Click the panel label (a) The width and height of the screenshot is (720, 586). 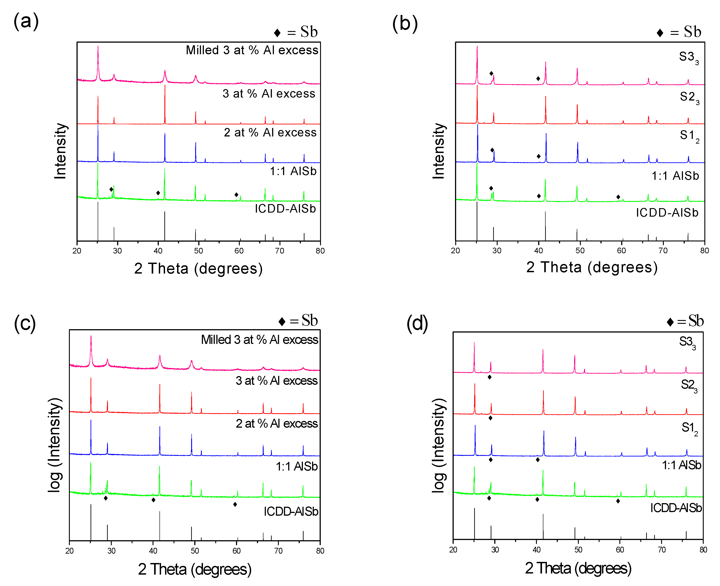pos(26,21)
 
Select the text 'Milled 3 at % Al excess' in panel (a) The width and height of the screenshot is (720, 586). pos(252,50)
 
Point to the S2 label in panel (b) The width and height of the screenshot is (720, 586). pos(689,98)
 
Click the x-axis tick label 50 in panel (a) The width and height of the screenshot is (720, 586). pos(199,251)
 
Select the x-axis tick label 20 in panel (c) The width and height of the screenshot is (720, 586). pos(69,551)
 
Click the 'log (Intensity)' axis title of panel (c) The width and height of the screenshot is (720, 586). pos(55,445)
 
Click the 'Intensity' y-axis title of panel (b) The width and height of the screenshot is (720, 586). pos(439,151)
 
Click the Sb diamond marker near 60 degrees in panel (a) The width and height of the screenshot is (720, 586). pos(236,195)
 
